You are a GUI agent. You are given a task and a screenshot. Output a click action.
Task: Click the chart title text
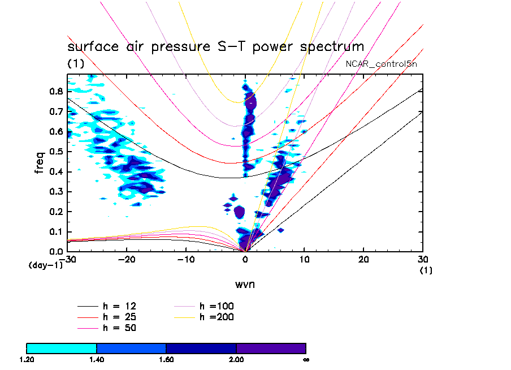215,46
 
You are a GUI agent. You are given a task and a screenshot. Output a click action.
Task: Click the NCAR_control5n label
382,64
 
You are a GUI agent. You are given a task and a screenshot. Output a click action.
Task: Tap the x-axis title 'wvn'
245,283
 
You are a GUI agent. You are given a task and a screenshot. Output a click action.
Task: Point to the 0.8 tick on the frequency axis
55,91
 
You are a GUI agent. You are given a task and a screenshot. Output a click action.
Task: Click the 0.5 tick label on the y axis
55,151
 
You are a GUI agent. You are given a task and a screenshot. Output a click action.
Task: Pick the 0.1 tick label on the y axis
55,231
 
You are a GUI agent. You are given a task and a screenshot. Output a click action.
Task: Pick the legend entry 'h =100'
216,306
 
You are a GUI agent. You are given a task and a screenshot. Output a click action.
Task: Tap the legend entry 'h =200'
216,317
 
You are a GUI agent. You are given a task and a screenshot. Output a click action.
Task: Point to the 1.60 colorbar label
166,359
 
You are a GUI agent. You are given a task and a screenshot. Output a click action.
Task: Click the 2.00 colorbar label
236,359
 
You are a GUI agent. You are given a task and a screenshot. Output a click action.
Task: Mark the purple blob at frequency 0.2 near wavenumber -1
239,212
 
